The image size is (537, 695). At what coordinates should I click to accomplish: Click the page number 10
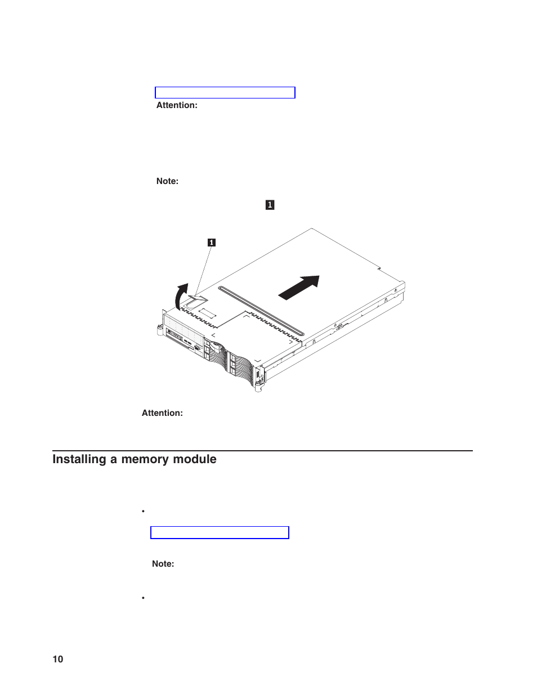coord(58,659)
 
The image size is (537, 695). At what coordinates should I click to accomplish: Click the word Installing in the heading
coord(79,459)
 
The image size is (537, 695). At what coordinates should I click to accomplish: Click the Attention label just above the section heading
coord(162,413)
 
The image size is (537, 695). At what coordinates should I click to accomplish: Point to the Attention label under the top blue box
coord(177,105)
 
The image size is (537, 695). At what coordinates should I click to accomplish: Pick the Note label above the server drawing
coord(167,181)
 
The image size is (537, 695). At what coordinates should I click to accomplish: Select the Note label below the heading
coord(163,564)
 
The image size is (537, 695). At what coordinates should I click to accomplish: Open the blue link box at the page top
coord(225,93)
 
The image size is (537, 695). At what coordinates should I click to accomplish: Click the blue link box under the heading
coord(220,532)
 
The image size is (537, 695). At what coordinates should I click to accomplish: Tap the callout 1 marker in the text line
coord(270,205)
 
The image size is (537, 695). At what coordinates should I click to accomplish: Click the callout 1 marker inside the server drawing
coord(212,243)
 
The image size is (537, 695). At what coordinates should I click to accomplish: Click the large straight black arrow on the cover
coord(299,288)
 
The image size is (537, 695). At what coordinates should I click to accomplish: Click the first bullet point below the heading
coord(144,511)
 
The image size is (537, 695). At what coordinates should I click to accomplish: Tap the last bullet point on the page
coord(144,598)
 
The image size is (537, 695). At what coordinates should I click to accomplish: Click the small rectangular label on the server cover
coord(207,312)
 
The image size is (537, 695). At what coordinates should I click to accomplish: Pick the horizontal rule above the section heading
coord(262,451)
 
